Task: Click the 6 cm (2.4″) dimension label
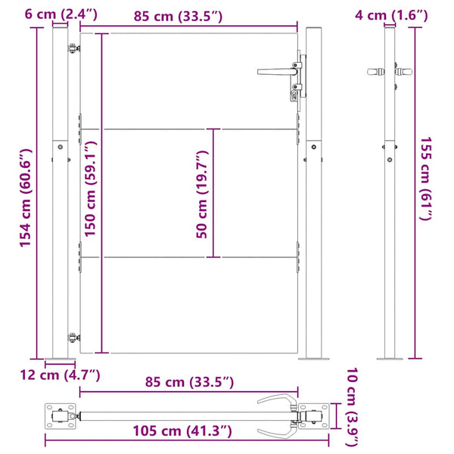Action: pos(61,14)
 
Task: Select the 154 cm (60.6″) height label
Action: pos(26,198)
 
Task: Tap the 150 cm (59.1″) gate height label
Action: pos(90,188)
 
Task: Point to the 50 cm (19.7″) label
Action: pos(202,194)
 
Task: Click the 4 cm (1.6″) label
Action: pos(391,15)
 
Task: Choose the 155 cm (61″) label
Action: pos(426,179)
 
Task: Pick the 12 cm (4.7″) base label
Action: pos(60,375)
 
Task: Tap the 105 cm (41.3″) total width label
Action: pos(182,431)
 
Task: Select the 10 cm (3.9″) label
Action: pos(353,407)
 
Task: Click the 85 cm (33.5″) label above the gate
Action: pos(178,16)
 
